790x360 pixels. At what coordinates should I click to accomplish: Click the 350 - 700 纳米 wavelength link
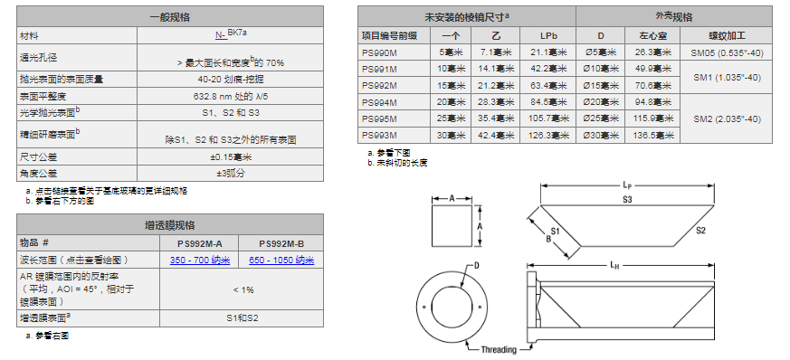199,261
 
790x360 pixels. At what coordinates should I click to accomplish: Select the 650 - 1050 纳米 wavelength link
281,261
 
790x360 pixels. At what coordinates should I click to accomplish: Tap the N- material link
221,35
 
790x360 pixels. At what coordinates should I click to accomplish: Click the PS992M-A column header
199,243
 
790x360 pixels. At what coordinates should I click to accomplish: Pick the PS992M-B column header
281,243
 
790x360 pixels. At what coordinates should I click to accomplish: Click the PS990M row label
379,52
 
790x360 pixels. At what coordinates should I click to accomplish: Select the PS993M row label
379,135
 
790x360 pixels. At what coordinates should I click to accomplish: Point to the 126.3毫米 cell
547,135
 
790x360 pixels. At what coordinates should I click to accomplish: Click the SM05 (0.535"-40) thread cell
726,52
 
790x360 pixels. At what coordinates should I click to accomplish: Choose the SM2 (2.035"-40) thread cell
726,119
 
